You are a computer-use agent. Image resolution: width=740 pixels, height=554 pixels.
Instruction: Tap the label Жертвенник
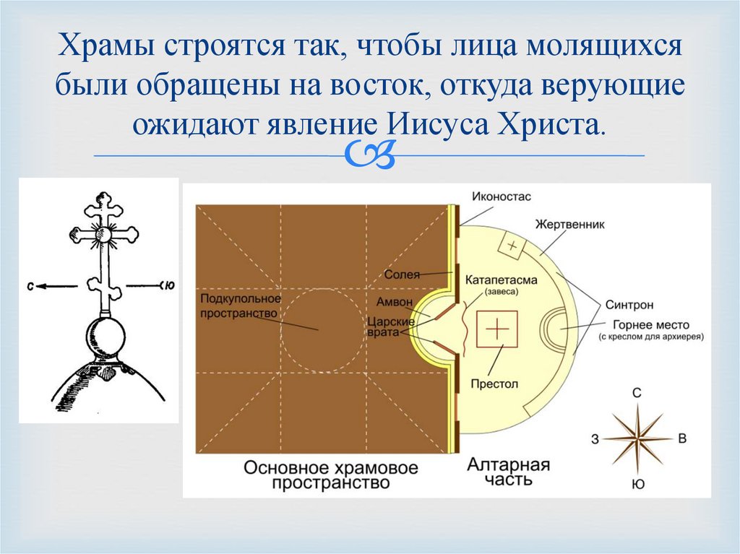[569, 225]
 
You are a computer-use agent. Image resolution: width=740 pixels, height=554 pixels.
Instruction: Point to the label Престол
[494, 384]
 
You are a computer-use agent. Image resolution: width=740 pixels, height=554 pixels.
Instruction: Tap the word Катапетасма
[501, 280]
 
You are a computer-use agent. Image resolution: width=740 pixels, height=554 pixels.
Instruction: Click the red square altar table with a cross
[497, 329]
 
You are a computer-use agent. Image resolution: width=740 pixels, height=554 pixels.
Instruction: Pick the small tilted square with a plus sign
[512, 246]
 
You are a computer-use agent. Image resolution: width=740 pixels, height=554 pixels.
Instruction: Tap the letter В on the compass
[681, 438]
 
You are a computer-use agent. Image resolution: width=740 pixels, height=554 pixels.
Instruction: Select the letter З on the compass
[594, 438]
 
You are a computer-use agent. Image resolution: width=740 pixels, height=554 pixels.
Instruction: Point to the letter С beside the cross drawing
[30, 286]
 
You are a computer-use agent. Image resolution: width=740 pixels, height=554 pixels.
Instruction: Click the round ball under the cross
[106, 337]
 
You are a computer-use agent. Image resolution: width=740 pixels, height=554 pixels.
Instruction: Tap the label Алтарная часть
[509, 472]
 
